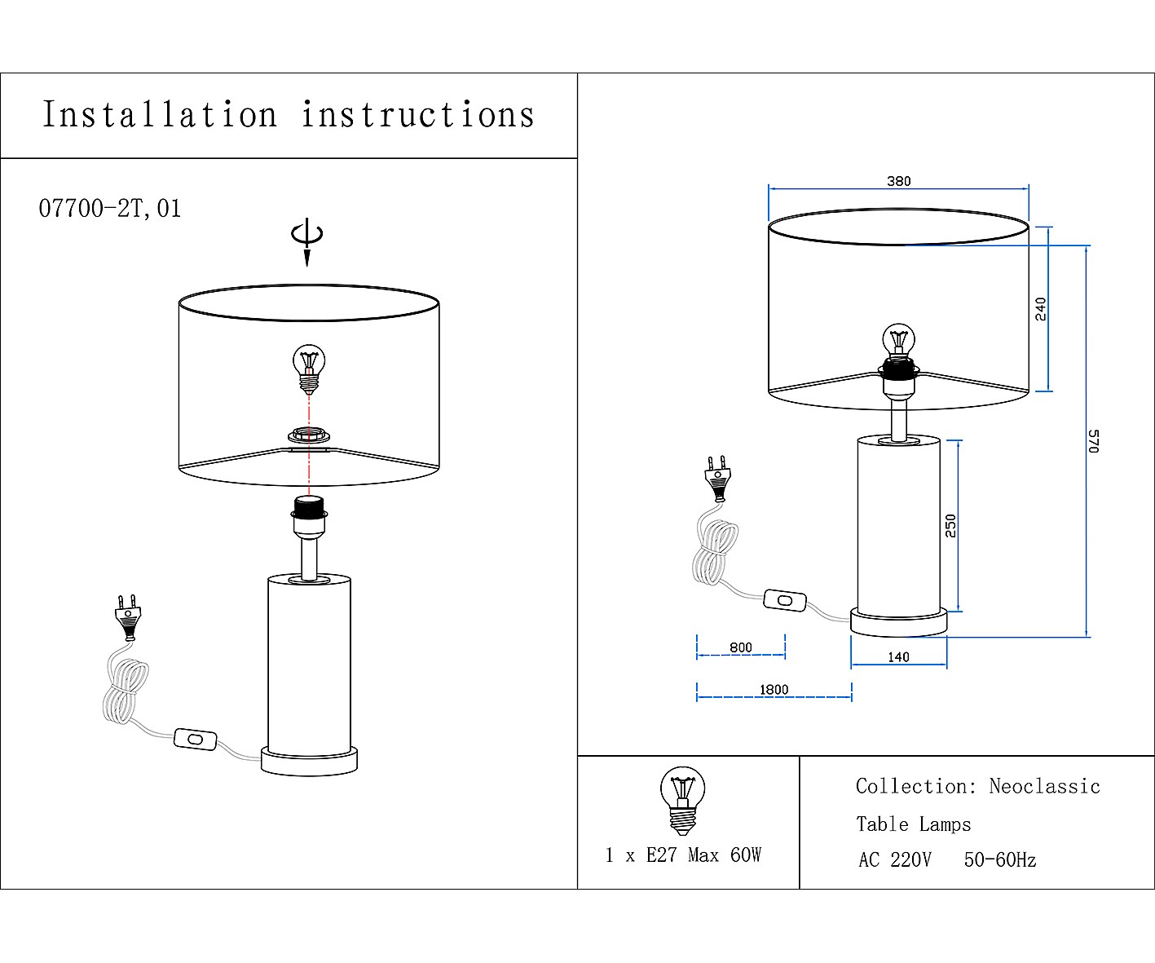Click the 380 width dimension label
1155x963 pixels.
[x=898, y=181]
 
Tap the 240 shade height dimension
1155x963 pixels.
[x=1041, y=308]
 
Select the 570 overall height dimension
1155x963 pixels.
[x=1094, y=440]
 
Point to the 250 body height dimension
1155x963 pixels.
[x=950, y=525]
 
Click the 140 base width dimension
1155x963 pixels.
[x=898, y=657]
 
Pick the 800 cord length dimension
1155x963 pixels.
[x=741, y=647]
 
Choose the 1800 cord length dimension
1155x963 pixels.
[x=774, y=690]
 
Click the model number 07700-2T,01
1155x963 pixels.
[x=110, y=209]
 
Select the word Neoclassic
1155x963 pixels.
[x=1044, y=786]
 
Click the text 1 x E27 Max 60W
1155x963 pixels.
[x=683, y=855]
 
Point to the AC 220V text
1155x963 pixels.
[x=894, y=860]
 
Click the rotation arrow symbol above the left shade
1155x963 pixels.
[x=307, y=238]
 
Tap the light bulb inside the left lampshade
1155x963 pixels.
[x=308, y=368]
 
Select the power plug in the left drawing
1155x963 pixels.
[x=127, y=618]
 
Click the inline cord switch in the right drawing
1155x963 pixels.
[x=785, y=601]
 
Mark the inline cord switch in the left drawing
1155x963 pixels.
[x=196, y=740]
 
